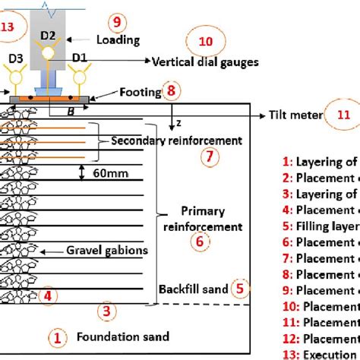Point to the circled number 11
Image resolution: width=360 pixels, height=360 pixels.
click(x=344, y=115)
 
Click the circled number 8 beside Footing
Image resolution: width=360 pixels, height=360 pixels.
click(x=174, y=92)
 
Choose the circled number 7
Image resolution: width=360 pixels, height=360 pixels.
click(x=212, y=157)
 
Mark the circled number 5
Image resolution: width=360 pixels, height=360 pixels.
click(x=239, y=288)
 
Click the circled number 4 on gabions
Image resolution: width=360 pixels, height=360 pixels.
click(x=47, y=295)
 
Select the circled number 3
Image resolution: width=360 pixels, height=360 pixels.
click(x=107, y=310)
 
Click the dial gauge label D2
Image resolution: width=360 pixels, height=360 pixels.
click(x=48, y=36)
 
